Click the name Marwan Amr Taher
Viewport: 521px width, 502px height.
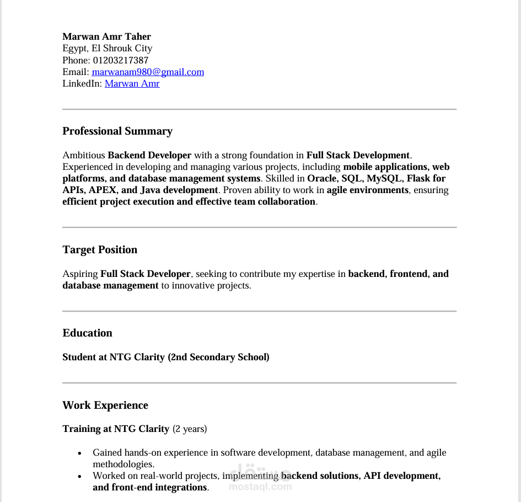(x=106, y=36)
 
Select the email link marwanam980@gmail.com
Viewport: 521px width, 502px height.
(x=148, y=72)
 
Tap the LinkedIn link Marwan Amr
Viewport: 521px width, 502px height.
(x=132, y=83)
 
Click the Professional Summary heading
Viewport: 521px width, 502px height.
(x=117, y=131)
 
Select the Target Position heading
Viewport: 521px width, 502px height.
(x=100, y=249)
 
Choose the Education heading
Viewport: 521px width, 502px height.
(x=87, y=333)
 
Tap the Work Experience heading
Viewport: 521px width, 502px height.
(x=105, y=405)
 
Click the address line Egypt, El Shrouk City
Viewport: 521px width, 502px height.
(x=107, y=48)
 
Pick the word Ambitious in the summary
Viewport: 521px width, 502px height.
(x=83, y=155)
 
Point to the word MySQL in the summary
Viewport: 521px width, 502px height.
(x=384, y=178)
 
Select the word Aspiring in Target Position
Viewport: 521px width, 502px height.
(x=80, y=274)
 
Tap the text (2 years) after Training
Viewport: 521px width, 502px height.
(x=190, y=429)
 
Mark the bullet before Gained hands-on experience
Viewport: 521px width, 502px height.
(x=79, y=453)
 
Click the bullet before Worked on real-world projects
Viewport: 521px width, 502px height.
(x=79, y=476)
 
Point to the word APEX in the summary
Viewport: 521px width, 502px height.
(x=102, y=190)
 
